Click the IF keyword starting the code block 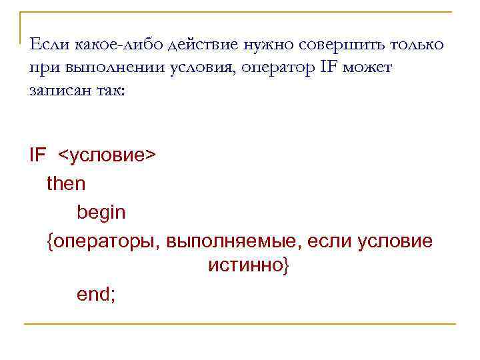pyautogui.click(x=38, y=155)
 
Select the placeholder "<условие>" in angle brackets pyautogui.click(x=107, y=155)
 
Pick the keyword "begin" pyautogui.click(x=101, y=213)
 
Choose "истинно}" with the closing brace pyautogui.click(x=249, y=267)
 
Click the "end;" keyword pyautogui.click(x=96, y=294)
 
